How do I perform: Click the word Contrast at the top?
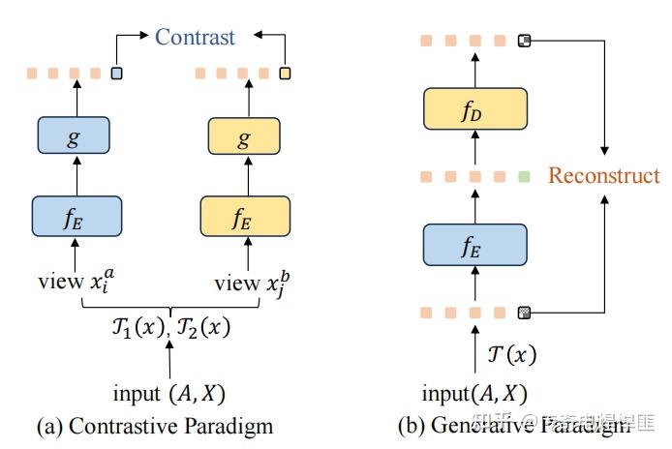196,38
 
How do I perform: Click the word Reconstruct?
603,175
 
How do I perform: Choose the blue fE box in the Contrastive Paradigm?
76,216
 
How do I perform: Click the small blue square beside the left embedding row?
117,73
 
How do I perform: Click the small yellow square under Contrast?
285,73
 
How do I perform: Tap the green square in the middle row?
524,176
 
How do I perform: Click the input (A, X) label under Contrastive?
170,393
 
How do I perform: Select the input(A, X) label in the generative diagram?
474,393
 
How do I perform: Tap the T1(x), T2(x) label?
170,326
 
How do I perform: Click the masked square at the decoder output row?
524,41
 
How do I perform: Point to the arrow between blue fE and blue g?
76,177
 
